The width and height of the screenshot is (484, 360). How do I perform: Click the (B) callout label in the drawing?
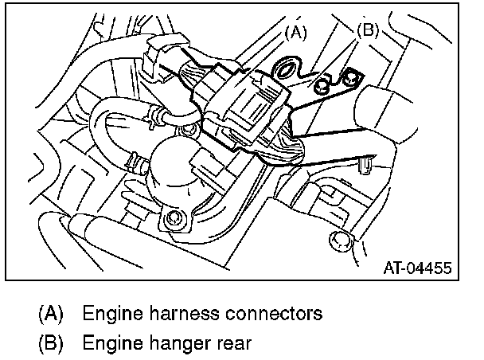(x=368, y=31)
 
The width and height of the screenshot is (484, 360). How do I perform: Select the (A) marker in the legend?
(x=50, y=313)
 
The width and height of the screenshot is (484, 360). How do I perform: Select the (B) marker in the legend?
(x=50, y=343)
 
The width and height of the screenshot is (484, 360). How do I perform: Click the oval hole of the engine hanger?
(x=286, y=70)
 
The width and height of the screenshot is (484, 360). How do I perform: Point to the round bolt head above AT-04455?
(x=338, y=240)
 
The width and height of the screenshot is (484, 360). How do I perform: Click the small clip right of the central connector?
(x=365, y=165)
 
